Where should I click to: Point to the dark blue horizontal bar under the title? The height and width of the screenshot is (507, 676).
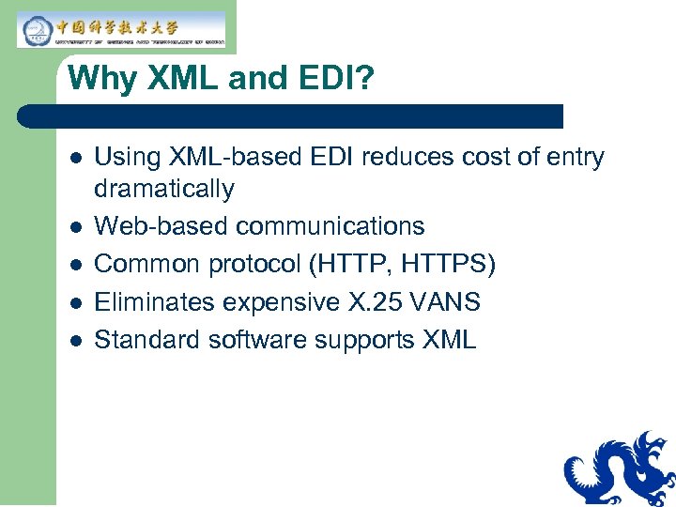coord(291,116)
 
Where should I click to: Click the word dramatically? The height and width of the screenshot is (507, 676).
coord(164,190)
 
